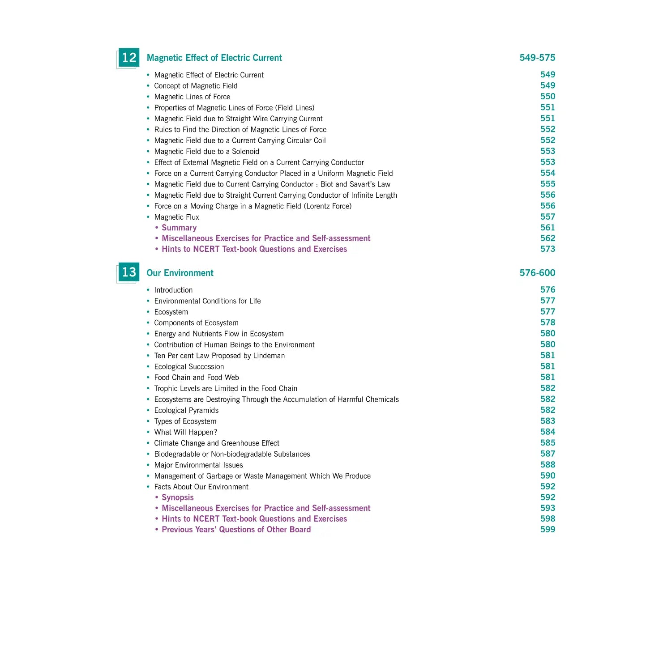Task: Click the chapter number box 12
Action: [129, 58]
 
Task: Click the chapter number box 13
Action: [129, 272]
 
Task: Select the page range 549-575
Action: [537, 58]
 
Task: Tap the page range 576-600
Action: [537, 273]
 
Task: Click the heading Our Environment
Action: [180, 273]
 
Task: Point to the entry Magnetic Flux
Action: [176, 217]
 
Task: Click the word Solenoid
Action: [245, 152]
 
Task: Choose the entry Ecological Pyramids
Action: [186, 411]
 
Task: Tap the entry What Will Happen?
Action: [185, 432]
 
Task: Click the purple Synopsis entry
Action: [177, 497]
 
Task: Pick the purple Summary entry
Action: [179, 228]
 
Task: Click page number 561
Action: [548, 228]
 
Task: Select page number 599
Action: [548, 530]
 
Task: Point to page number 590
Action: [548, 476]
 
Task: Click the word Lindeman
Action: [269, 356]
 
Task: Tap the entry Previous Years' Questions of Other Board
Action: [236, 530]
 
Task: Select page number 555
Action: [548, 184]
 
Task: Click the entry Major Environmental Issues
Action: [198, 465]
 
